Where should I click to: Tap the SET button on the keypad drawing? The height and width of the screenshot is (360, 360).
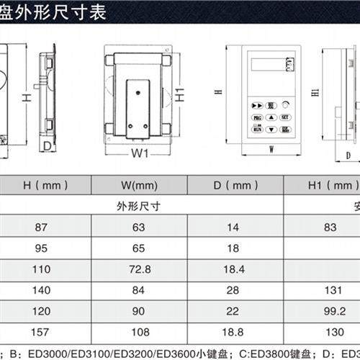click(284, 117)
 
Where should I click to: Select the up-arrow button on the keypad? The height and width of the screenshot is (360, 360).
click(271, 117)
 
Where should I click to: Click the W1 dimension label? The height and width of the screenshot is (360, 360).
click(139, 153)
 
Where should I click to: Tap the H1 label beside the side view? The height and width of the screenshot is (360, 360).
click(315, 94)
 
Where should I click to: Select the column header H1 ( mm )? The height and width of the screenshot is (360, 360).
click(324, 185)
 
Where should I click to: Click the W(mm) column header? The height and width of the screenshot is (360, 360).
click(139, 185)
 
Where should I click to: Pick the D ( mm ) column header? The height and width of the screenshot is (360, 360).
click(231, 185)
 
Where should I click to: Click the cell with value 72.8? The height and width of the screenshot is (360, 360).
click(139, 269)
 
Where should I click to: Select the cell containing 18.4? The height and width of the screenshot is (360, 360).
click(231, 269)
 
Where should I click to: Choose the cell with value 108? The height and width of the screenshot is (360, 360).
click(139, 333)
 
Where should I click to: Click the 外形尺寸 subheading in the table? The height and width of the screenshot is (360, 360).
click(139, 205)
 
